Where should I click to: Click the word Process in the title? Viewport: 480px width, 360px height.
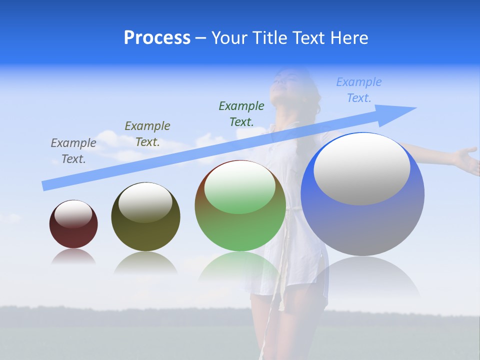coord(157,38)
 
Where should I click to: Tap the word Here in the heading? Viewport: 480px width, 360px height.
coord(347,38)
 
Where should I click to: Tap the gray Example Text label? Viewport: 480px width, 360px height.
coord(73,150)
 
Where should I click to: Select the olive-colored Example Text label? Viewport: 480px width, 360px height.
coord(147,133)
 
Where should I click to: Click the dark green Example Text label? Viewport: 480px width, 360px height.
coord(241,113)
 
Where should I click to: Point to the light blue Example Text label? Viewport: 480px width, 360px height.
coord(359,89)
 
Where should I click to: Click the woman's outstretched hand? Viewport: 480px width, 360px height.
coord(467,159)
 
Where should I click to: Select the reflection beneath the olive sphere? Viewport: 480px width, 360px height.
coord(145,262)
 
